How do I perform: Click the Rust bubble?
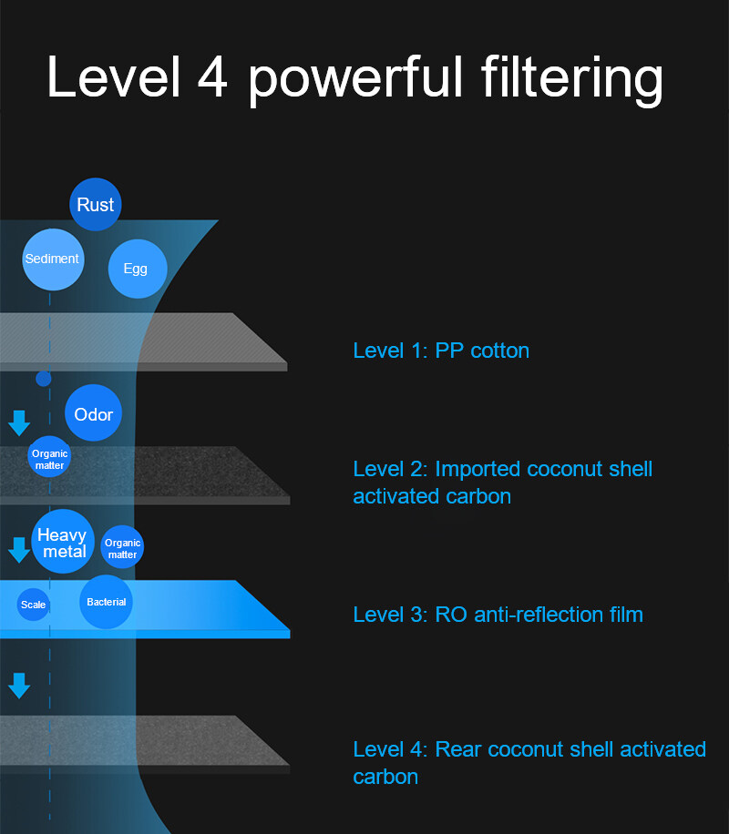click(96, 205)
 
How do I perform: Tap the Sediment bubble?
click(53, 259)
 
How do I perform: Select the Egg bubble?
click(136, 269)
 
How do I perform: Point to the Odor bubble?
click(94, 414)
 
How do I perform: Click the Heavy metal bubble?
click(63, 543)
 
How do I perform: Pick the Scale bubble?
click(34, 605)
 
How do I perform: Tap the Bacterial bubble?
click(107, 602)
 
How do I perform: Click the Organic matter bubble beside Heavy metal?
click(122, 548)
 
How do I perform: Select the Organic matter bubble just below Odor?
click(49, 458)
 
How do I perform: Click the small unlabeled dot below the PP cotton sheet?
click(44, 378)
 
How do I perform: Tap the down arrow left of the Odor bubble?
click(19, 422)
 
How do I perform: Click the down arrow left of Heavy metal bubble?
click(19, 549)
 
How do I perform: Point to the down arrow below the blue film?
click(19, 685)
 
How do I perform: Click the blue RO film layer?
click(200, 607)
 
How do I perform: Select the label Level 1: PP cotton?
click(441, 351)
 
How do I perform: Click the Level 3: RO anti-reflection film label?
click(498, 615)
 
